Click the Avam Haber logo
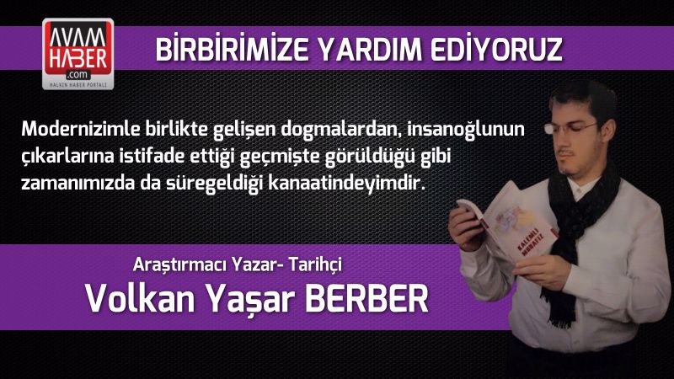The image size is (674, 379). [78, 56]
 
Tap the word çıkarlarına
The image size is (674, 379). [64, 156]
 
